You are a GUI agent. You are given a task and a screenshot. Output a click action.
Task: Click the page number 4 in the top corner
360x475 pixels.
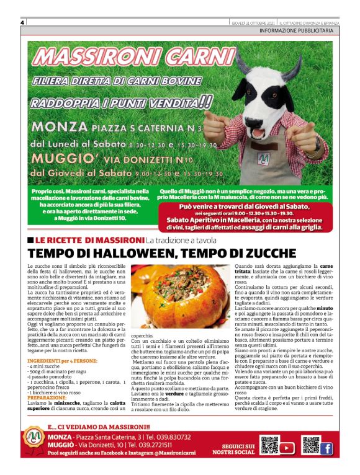(22, 22)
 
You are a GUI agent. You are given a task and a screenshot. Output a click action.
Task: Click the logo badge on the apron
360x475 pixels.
(264, 159)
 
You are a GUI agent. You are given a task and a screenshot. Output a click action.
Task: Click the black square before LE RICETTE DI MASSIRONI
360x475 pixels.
(30, 239)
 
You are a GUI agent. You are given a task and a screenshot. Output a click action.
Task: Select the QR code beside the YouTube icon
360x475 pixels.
(269, 446)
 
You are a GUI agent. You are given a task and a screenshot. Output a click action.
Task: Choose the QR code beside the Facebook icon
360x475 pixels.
(310, 446)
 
